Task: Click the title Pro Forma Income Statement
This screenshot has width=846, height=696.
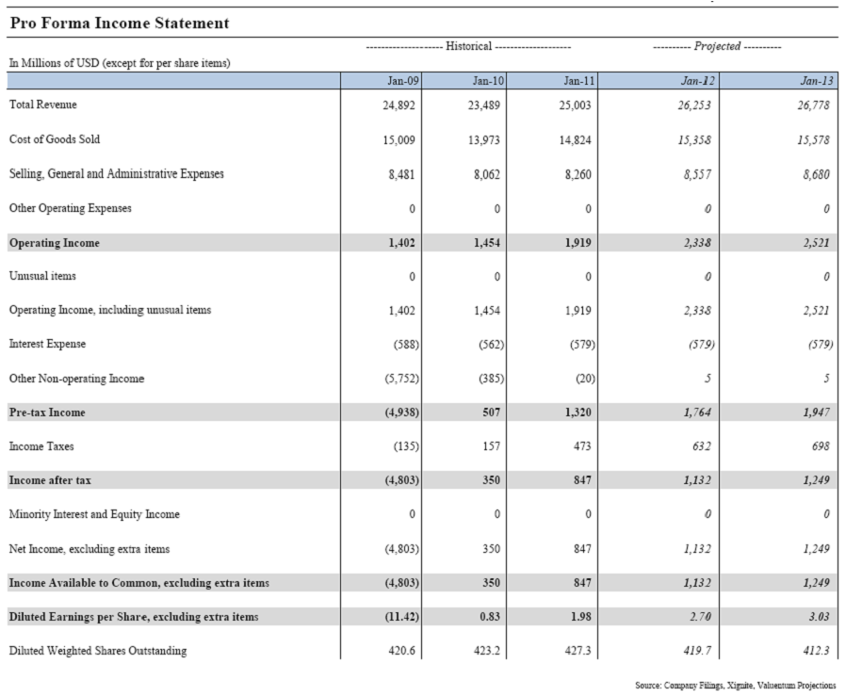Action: click(120, 23)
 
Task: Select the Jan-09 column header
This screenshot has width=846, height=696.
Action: click(403, 81)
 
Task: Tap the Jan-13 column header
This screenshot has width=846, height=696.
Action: click(816, 81)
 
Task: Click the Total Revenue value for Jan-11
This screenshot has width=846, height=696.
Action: click(577, 105)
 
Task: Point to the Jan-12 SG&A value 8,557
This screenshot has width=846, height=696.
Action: click(695, 174)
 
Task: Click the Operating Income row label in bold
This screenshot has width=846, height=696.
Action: click(55, 243)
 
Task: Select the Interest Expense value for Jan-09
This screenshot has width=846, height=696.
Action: click(406, 345)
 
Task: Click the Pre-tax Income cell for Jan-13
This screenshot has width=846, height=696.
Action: click(815, 413)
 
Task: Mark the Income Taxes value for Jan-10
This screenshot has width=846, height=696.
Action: click(491, 446)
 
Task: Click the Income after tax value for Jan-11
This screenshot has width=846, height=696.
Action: click(581, 480)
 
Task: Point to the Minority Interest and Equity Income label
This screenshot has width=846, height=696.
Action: click(94, 514)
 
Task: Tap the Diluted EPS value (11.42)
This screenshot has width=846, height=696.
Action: click(401, 617)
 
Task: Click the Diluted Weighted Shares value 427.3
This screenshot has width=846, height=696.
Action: click(578, 651)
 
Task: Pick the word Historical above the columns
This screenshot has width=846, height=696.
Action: click(468, 46)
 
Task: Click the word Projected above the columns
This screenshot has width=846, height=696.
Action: click(717, 46)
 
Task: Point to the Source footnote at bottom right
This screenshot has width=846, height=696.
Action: click(735, 685)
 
